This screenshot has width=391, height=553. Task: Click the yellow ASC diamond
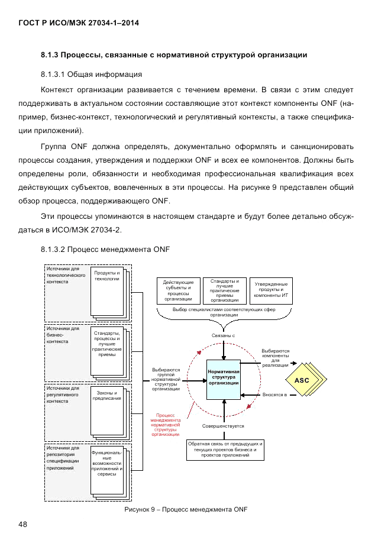click(302, 379)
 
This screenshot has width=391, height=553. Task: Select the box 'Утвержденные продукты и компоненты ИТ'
click(271, 290)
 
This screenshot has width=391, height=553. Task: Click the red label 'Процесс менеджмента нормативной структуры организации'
click(166, 425)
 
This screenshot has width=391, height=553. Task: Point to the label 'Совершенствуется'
click(223, 425)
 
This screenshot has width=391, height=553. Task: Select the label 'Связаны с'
click(224, 335)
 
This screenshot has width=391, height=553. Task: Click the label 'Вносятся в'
click(274, 394)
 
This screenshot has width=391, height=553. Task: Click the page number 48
click(23, 524)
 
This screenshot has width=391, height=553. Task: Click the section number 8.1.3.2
click(53, 249)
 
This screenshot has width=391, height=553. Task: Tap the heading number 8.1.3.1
click(53, 75)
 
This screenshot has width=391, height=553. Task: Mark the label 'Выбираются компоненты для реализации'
click(275, 357)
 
